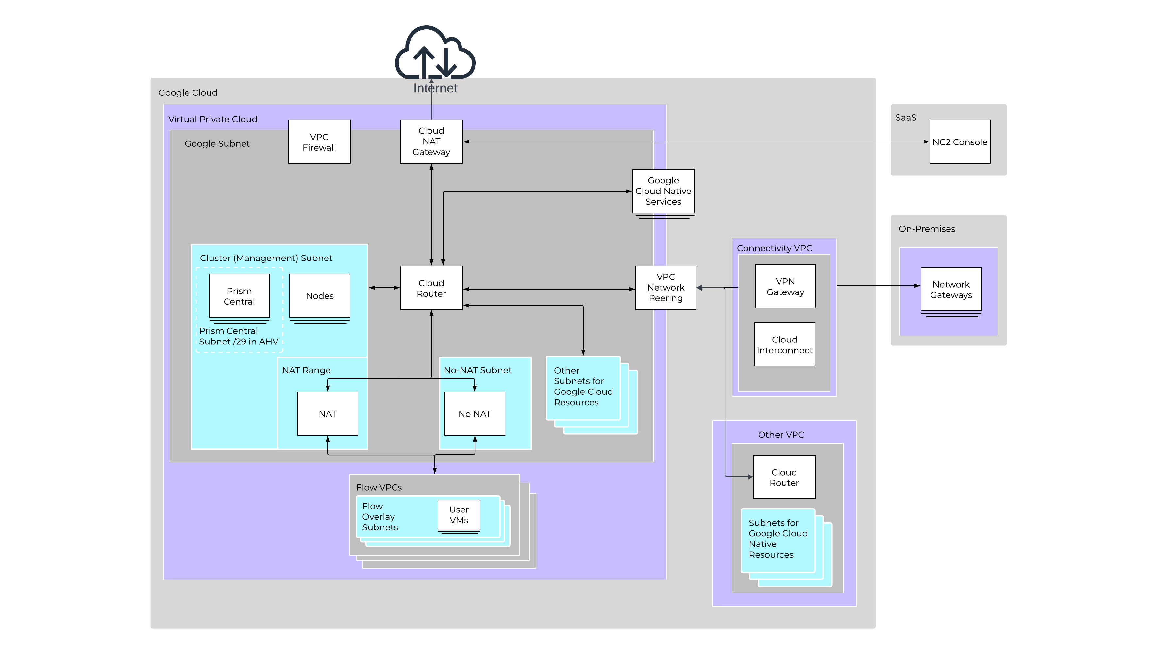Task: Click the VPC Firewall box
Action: click(319, 142)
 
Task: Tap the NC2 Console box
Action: click(959, 142)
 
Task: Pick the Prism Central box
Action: click(239, 296)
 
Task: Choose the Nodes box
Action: click(319, 296)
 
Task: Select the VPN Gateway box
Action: click(785, 286)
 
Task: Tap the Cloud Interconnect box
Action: click(784, 344)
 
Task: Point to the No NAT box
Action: click(474, 413)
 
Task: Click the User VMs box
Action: click(459, 515)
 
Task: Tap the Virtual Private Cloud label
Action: click(212, 119)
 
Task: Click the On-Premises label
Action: click(926, 228)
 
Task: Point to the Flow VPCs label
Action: click(378, 487)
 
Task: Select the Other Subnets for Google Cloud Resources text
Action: click(583, 386)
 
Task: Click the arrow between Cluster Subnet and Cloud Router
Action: click(384, 288)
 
